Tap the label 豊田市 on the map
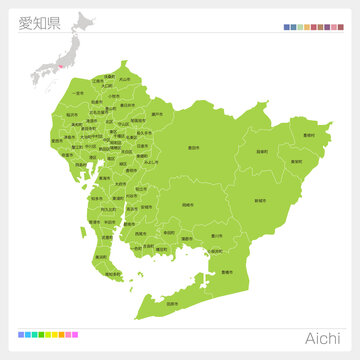192,147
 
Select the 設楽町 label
262,151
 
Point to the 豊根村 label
308,135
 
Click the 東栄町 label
296,160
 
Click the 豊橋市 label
226,272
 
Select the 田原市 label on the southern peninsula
172,302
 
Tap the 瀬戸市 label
156,114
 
